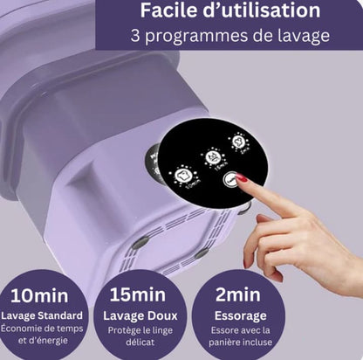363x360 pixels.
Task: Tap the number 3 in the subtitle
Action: [x=135, y=36]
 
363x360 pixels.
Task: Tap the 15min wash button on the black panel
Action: [x=214, y=157]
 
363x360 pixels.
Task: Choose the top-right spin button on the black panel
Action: [x=239, y=142]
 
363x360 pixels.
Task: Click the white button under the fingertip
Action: [x=230, y=180]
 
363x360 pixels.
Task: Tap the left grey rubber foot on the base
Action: [x=140, y=243]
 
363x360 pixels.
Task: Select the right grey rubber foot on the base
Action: [x=202, y=253]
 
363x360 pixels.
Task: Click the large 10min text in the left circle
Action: [x=39, y=295]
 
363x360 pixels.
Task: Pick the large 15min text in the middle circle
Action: [x=138, y=294]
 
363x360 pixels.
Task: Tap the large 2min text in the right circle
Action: [x=238, y=294]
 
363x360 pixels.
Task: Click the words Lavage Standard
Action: [x=42, y=315]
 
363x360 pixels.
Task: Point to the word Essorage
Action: [x=240, y=316]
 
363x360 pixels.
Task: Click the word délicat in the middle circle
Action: [x=140, y=342]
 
